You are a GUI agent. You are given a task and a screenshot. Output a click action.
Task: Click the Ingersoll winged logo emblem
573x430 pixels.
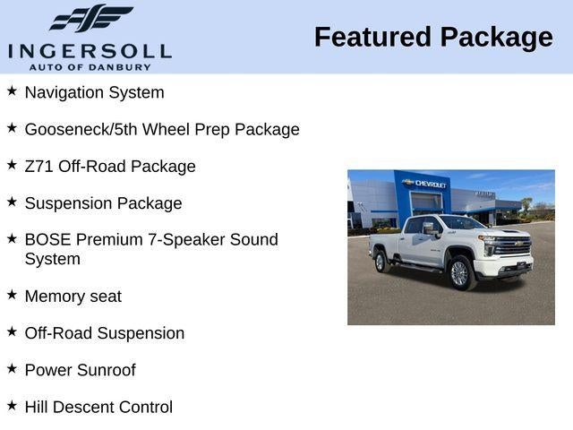(x=90, y=19)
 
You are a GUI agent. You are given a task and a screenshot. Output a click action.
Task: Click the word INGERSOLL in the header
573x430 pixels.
(x=90, y=50)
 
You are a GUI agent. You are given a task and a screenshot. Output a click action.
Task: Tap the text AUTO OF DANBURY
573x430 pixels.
(x=90, y=67)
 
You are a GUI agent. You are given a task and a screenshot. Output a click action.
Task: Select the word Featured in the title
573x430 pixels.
(x=372, y=38)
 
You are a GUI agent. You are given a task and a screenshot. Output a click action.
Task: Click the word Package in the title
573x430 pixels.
(x=496, y=38)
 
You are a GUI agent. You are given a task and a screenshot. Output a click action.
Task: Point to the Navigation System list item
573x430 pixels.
(x=94, y=92)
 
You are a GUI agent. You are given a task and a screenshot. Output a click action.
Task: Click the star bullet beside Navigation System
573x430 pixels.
(x=12, y=91)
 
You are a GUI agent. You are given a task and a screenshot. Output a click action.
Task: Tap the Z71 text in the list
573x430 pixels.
(x=38, y=167)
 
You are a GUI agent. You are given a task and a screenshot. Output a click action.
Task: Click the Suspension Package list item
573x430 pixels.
(x=103, y=203)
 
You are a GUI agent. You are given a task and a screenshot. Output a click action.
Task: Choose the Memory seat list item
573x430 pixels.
(x=73, y=297)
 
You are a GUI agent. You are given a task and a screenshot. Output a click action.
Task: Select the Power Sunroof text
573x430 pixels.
(x=80, y=370)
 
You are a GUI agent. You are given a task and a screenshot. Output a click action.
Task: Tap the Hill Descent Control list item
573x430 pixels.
(x=98, y=407)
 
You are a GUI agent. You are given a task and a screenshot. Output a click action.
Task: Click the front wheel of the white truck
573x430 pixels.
(x=460, y=273)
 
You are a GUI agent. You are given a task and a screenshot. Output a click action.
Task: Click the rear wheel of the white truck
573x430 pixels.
(x=381, y=261)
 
